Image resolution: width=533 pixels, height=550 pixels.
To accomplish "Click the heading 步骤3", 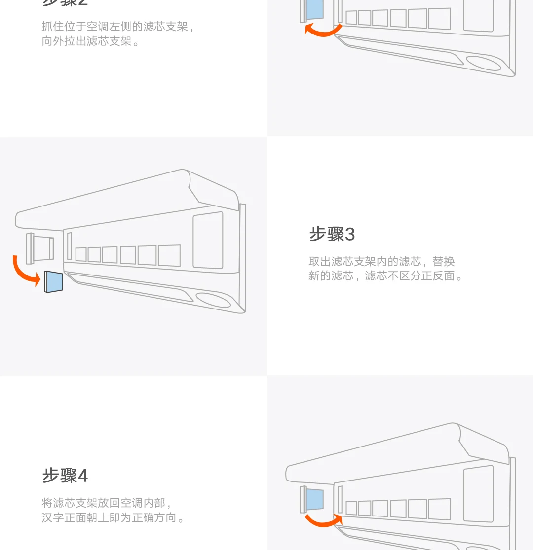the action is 332,234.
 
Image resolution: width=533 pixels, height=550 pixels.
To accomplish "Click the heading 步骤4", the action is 65,476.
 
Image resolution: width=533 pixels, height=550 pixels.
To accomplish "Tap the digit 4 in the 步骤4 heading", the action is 83,476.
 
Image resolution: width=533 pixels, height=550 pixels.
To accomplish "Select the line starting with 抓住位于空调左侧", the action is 118,27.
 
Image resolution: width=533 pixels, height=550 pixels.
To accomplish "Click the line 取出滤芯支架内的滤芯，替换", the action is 381,261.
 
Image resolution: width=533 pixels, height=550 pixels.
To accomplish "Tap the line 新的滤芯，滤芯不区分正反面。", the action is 386,276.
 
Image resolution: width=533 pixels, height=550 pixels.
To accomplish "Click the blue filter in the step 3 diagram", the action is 54,281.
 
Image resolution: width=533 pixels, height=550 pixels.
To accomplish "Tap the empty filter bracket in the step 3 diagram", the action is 40,248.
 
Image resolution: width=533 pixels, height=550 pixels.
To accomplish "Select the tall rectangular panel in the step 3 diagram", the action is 208,241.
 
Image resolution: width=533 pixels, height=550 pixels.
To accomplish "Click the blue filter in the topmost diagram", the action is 314,10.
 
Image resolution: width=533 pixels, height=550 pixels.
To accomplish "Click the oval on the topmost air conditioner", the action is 483,63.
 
